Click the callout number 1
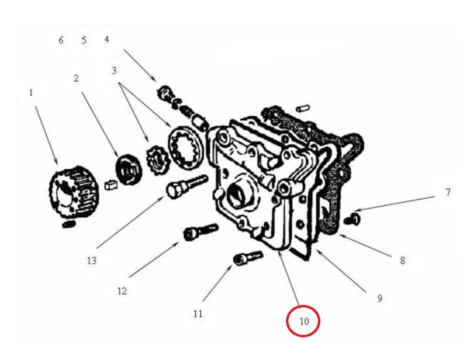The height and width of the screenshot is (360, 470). point(31,92)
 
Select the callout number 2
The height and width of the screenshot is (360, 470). point(76,78)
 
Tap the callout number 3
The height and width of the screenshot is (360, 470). point(114,70)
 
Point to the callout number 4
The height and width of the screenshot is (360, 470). point(107,39)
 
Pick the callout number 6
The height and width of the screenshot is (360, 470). point(61,40)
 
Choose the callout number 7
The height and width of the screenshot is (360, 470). point(448,192)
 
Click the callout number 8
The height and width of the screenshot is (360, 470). point(402,261)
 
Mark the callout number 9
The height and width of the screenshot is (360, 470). point(379,298)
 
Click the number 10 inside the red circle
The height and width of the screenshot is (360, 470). point(304,322)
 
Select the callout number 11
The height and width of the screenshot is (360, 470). point(198,313)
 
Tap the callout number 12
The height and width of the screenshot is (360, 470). point(122,291)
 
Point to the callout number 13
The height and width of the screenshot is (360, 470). point(92,260)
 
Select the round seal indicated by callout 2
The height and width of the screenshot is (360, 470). point(129,170)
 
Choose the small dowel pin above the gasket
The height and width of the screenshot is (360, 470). point(303,105)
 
